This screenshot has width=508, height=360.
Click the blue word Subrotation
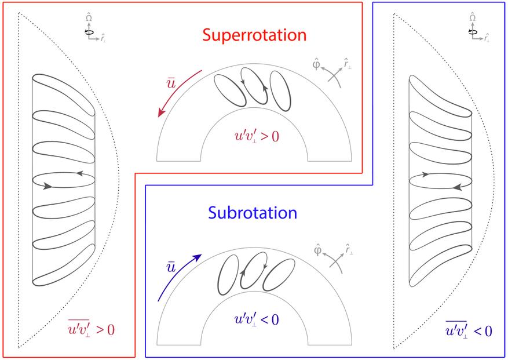pos(252,213)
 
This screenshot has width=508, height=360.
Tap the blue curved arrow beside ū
pos(178,277)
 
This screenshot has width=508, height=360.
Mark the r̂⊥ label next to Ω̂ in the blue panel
pos(486,37)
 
